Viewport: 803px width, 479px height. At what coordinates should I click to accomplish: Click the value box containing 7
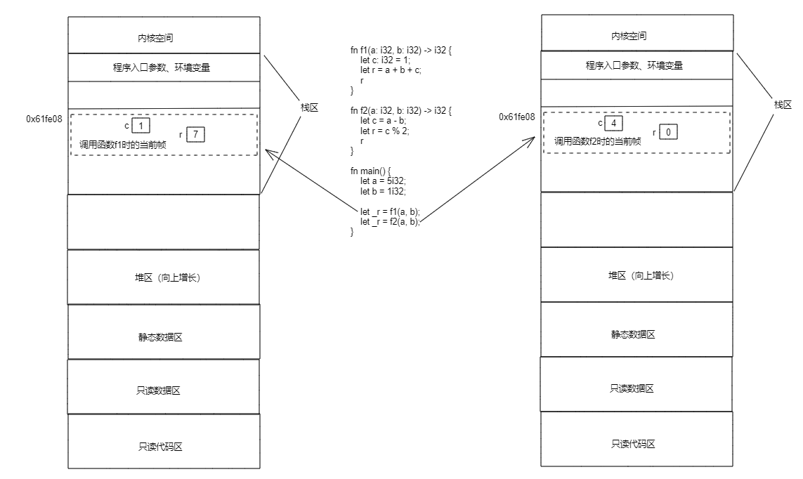click(196, 133)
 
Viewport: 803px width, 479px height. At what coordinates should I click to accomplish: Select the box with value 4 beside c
click(613, 124)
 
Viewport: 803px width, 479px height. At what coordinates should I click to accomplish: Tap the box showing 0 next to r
click(668, 132)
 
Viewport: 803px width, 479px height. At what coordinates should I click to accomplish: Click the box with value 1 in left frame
click(141, 126)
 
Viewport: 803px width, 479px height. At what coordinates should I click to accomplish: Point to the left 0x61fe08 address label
click(44, 119)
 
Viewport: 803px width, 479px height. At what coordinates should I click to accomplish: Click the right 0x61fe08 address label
click(517, 117)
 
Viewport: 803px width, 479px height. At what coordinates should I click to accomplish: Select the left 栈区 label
click(309, 107)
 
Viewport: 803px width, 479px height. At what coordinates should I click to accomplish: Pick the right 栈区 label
click(783, 105)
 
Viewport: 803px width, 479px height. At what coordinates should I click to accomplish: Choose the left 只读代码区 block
click(164, 446)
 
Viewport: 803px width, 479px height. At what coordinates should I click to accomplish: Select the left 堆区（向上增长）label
click(163, 277)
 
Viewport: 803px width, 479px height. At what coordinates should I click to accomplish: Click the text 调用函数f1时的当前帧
click(122, 144)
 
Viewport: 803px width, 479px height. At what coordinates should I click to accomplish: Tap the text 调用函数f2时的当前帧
click(597, 141)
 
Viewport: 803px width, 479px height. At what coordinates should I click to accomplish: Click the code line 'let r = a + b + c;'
click(390, 70)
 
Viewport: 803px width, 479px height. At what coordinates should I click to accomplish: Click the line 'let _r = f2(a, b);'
click(390, 221)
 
